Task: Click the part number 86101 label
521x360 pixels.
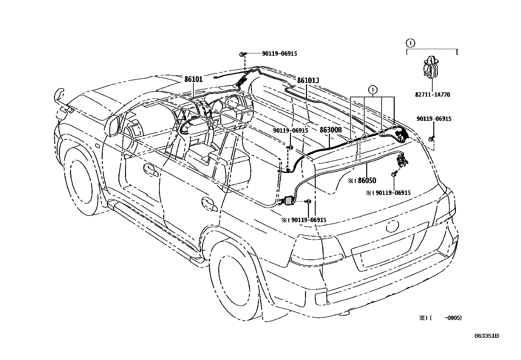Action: click(193, 79)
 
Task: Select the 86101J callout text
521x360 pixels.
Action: click(308, 80)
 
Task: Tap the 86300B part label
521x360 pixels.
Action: click(331, 130)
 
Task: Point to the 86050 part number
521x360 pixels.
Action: click(367, 180)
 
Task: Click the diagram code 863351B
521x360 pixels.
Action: click(487, 336)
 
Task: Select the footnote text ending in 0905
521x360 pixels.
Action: click(441, 318)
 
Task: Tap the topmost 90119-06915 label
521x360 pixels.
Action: click(279, 53)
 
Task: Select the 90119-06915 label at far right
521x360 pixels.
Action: click(434, 119)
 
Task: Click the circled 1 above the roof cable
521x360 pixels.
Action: click(372, 89)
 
